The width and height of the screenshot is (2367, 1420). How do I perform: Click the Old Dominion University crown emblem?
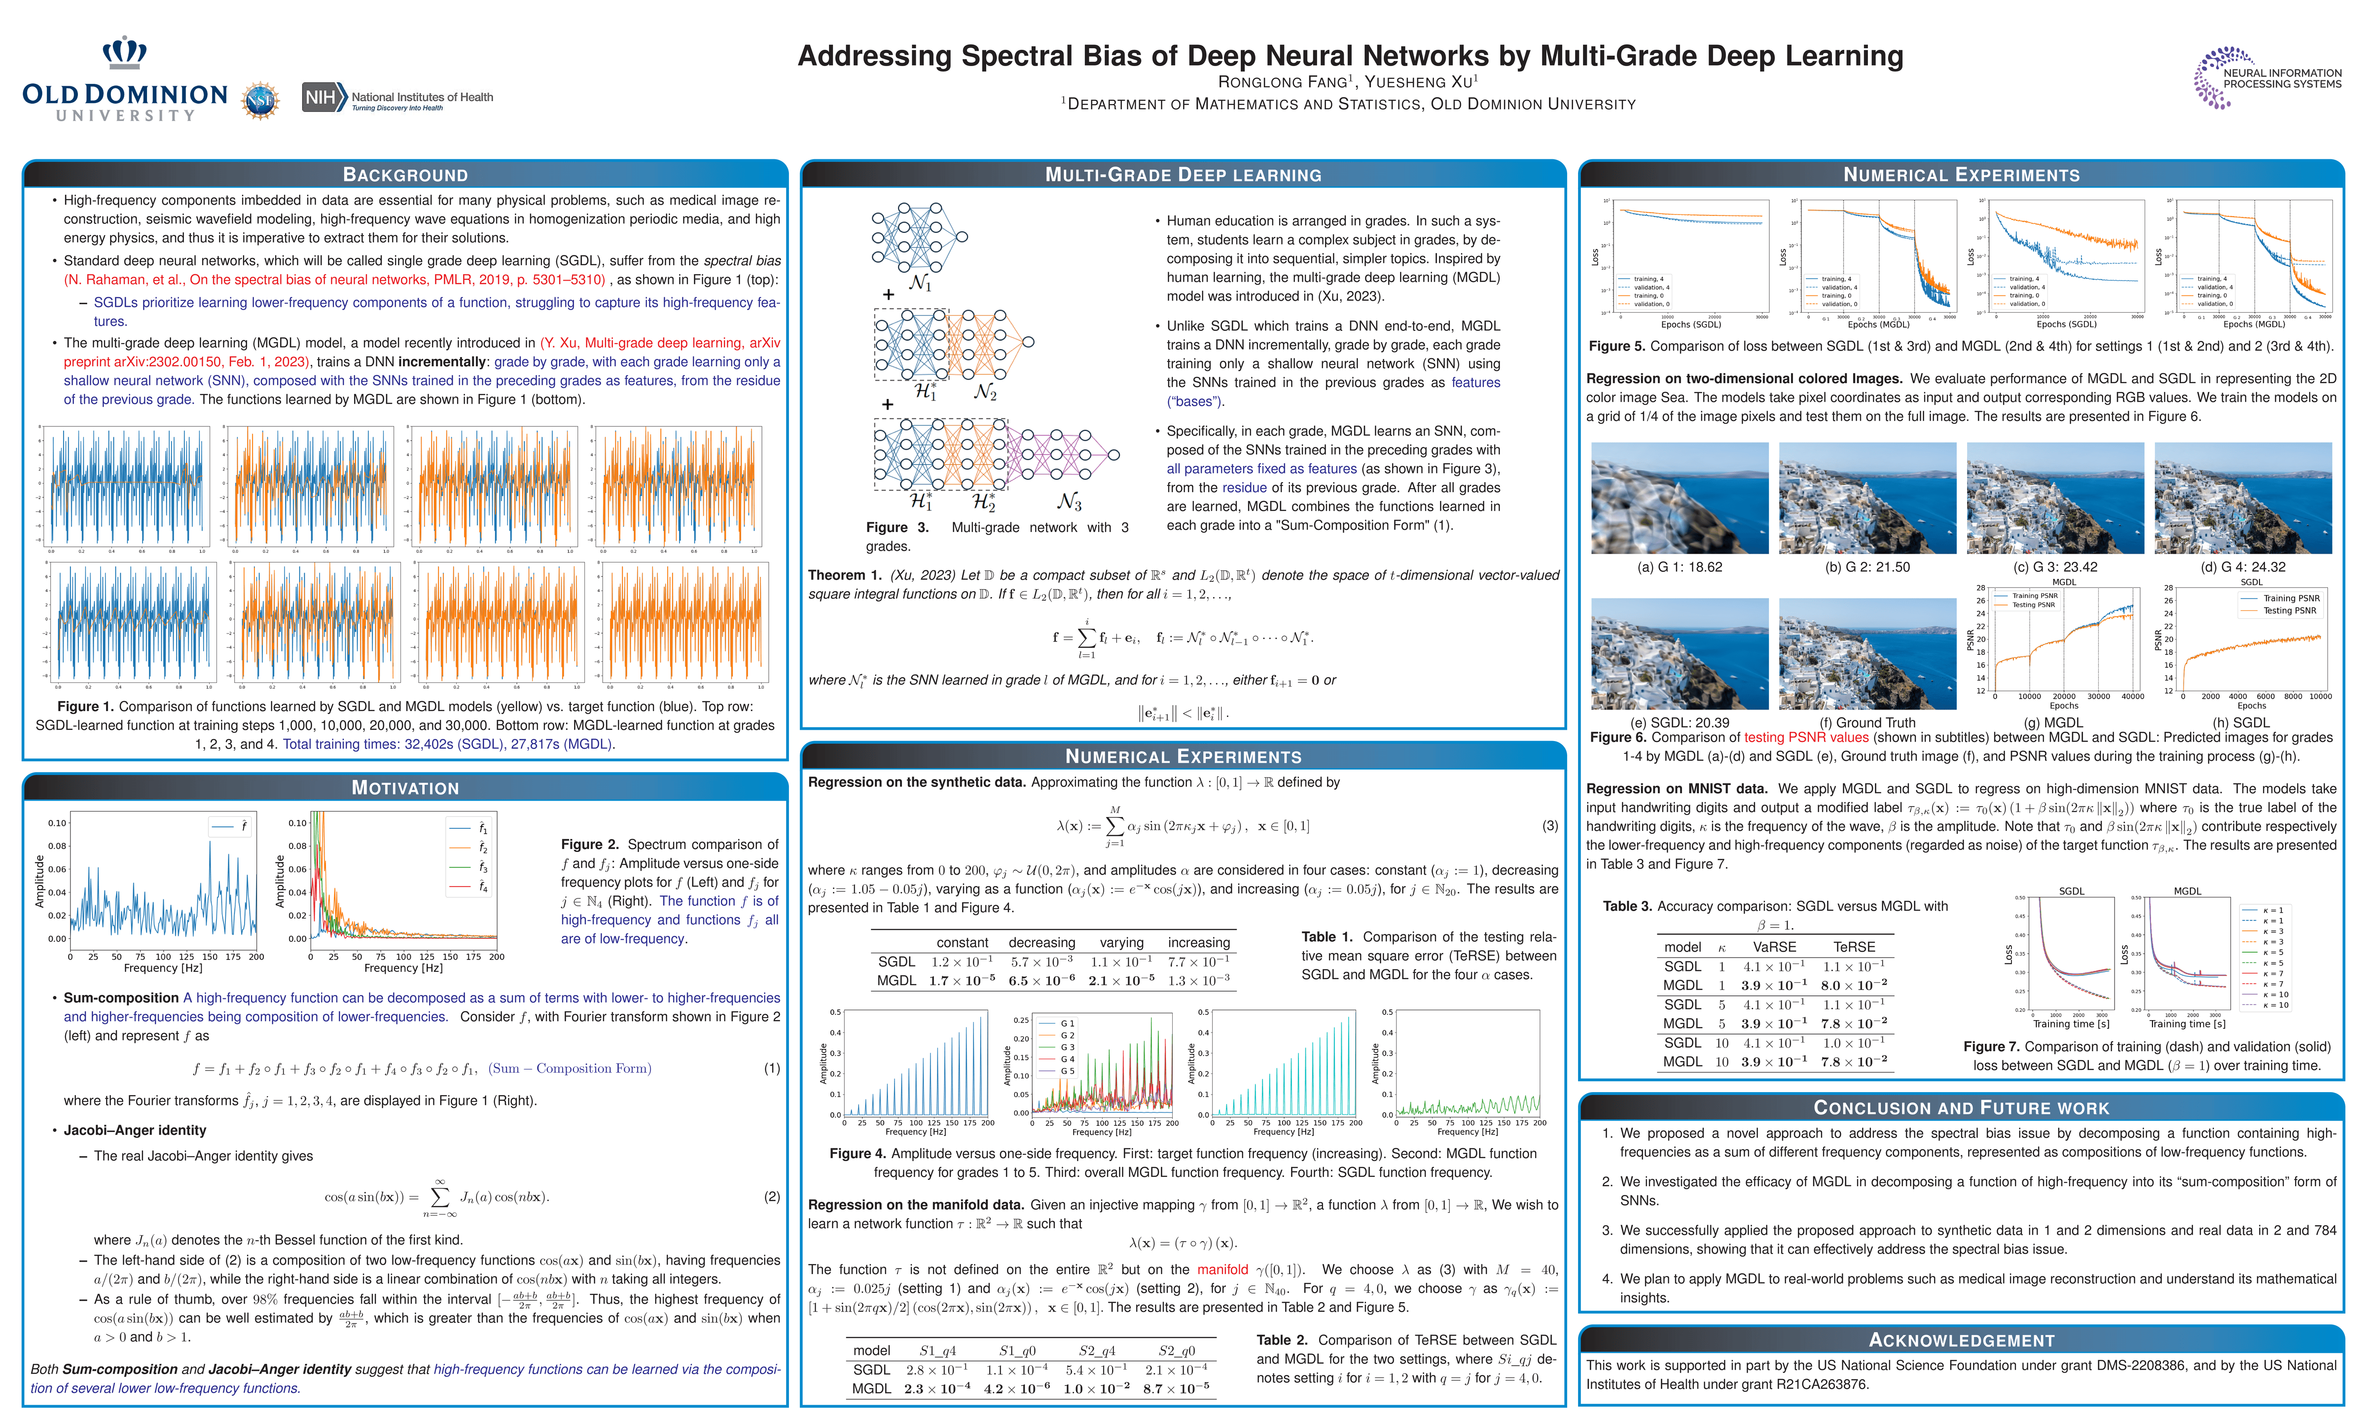click(x=124, y=53)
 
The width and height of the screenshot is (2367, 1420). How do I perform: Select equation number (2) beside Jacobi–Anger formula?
click(x=771, y=1196)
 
